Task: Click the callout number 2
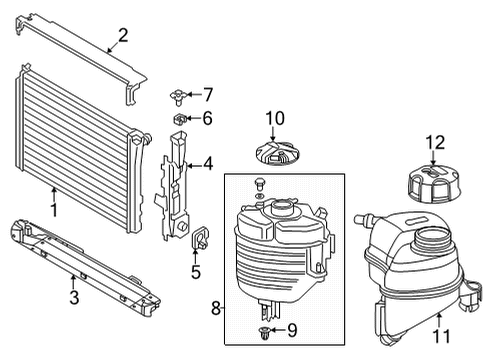[x=123, y=35]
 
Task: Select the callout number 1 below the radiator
[x=54, y=210]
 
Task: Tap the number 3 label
[x=74, y=297]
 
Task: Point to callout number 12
[x=435, y=143]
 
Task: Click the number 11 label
[x=441, y=336]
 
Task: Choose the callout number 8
[x=216, y=308]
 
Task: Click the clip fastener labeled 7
[x=178, y=97]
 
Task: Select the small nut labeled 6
[x=180, y=119]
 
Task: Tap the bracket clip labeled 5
[x=199, y=238]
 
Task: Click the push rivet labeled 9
[x=265, y=332]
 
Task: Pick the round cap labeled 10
[x=277, y=153]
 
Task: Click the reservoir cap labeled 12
[x=434, y=184]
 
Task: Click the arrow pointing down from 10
[x=273, y=134]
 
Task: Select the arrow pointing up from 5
[x=195, y=255]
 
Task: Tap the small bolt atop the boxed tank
[x=259, y=184]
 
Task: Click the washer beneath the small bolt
[x=259, y=196]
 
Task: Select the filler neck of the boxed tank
[x=282, y=208]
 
